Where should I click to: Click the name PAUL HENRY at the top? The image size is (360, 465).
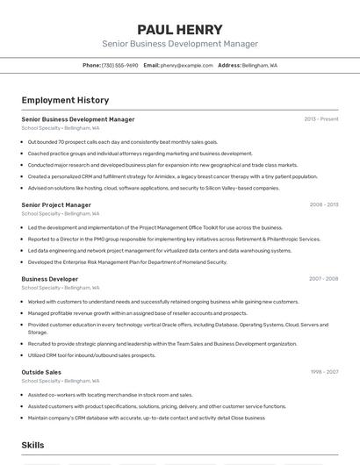pyautogui.click(x=180, y=29)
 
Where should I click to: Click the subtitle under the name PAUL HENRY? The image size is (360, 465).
pyautogui.click(x=180, y=44)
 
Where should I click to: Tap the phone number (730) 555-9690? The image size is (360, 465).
pyautogui.click(x=119, y=65)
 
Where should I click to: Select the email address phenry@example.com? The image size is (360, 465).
pyautogui.click(x=187, y=65)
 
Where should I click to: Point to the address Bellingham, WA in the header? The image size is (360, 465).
pyautogui.click(x=260, y=65)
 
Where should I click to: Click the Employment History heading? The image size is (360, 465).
pyautogui.click(x=65, y=101)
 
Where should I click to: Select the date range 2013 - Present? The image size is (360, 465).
pyautogui.click(x=321, y=119)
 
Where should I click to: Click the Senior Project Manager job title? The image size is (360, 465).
pyautogui.click(x=56, y=205)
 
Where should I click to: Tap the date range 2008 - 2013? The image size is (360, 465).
pyautogui.click(x=324, y=205)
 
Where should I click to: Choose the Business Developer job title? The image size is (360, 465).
pyautogui.click(x=50, y=279)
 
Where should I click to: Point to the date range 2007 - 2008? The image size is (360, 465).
pyautogui.click(x=324, y=279)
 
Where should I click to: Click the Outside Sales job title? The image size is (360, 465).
pyautogui.click(x=41, y=372)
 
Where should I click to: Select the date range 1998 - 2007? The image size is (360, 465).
pyautogui.click(x=324, y=372)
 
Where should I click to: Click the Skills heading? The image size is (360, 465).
pyautogui.click(x=33, y=445)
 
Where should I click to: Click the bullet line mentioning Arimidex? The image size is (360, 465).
pyautogui.click(x=172, y=176)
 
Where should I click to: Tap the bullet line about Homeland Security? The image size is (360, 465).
pyautogui.click(x=127, y=261)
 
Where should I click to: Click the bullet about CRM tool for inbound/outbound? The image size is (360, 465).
pyautogui.click(x=91, y=355)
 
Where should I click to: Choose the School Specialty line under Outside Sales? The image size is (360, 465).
pyautogui.click(x=61, y=381)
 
